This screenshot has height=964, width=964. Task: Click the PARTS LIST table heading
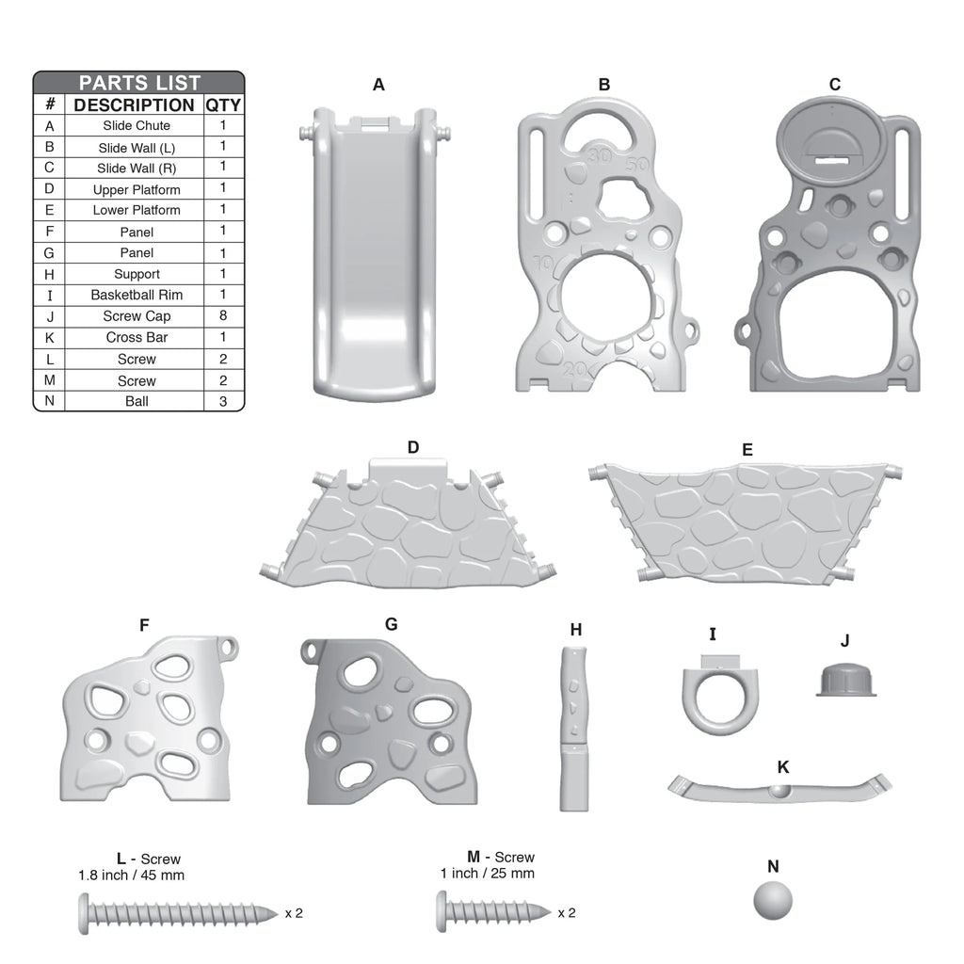coord(139,83)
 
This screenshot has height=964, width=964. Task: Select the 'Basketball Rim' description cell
coord(137,295)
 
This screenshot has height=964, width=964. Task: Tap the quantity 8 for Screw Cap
coord(223,315)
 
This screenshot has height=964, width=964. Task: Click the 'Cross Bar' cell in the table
coord(137,338)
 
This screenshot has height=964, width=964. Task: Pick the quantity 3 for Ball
coord(223,401)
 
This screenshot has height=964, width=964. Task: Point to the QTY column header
coord(223,105)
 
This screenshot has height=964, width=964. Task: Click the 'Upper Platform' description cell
coord(137,190)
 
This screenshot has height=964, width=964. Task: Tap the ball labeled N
coord(773,901)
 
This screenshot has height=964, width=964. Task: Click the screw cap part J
coord(846,680)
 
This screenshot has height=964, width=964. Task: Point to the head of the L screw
coord(84,913)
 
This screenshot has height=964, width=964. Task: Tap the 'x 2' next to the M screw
coord(567,913)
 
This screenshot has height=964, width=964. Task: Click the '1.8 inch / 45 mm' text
coord(131,875)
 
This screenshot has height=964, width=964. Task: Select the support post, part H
coord(574,729)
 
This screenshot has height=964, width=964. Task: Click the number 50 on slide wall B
coord(637,165)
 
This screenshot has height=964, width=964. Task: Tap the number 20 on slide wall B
coord(575,369)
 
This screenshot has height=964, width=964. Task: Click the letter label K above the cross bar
coord(782,767)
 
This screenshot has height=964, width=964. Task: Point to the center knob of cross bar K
coord(779,791)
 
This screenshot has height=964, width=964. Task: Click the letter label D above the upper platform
coord(413,447)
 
